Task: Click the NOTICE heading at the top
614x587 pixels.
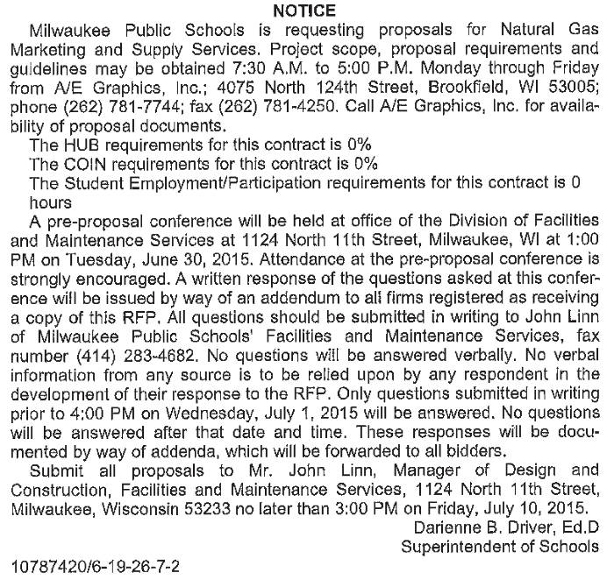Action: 304,11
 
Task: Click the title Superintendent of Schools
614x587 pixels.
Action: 501,545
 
